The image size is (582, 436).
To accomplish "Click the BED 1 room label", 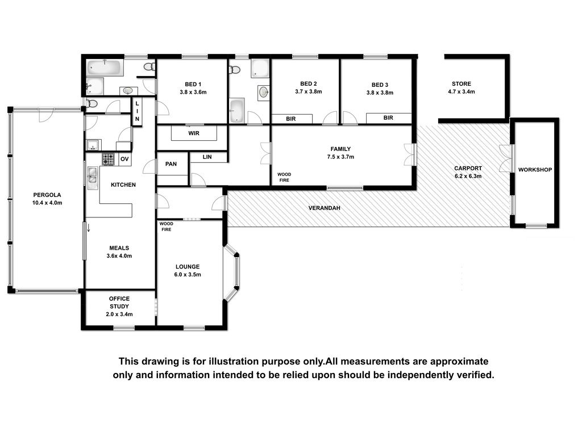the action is [x=193, y=84].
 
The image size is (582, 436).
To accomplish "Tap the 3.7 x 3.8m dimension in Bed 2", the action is [x=309, y=91].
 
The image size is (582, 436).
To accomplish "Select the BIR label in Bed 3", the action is [x=388, y=118].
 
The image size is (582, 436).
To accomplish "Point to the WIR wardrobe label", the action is [x=194, y=133].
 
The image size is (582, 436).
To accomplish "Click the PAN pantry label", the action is [x=171, y=164].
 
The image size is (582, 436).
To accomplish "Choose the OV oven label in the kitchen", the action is [x=124, y=159].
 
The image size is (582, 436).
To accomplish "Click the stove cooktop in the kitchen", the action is [x=109, y=160].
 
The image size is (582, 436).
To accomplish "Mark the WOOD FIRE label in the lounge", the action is [x=167, y=227].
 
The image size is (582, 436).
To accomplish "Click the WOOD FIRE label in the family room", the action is [x=284, y=177].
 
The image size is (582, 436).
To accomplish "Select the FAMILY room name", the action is [x=341, y=149].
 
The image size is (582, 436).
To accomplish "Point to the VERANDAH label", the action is [x=325, y=208].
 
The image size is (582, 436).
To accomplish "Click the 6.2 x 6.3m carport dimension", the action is [x=468, y=176].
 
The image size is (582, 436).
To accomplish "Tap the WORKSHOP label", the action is [x=535, y=170].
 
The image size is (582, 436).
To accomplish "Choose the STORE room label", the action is [x=462, y=84].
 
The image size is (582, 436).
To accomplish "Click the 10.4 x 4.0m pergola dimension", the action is [x=47, y=203].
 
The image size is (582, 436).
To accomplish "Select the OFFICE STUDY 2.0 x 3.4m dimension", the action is [x=119, y=315].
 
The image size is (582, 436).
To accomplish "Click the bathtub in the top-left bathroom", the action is [x=105, y=68].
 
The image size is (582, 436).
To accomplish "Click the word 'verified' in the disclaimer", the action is [x=476, y=375].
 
